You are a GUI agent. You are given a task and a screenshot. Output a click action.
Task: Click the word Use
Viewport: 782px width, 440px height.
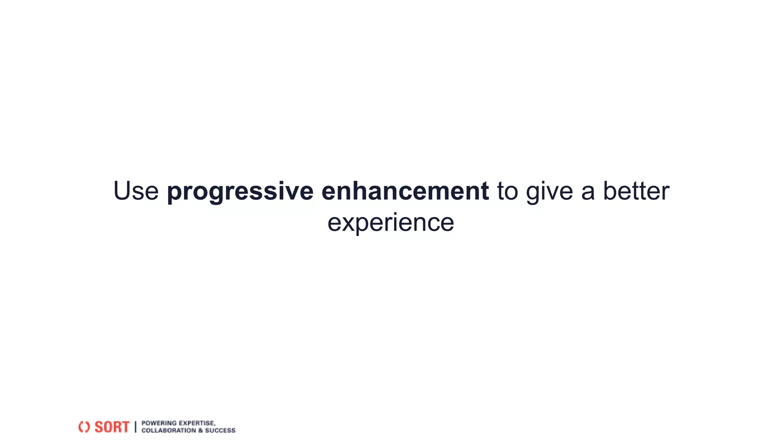tap(136, 191)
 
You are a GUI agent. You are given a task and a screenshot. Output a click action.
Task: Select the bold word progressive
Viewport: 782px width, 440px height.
tap(240, 191)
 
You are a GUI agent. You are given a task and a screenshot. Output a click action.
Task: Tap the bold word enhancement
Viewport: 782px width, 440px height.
tap(405, 191)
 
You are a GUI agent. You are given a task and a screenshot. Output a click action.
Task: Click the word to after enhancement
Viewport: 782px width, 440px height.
tap(507, 191)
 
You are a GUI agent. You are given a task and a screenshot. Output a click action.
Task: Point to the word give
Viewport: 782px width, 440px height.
tap(549, 191)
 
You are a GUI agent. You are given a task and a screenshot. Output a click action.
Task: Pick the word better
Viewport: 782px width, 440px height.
tap(636, 191)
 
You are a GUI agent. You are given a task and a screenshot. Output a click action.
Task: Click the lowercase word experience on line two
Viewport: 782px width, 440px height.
tap(391, 222)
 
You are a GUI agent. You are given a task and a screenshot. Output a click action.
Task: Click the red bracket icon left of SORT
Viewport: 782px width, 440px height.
tap(84, 427)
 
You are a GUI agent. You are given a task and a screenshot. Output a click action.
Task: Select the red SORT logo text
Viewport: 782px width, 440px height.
tap(112, 427)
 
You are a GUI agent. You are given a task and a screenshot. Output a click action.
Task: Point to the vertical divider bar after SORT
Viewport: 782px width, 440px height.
tap(135, 427)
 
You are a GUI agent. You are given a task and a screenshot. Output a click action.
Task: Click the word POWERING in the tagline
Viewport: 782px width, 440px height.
tap(159, 423)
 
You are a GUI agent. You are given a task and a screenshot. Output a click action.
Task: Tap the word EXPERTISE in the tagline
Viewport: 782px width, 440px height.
tap(197, 423)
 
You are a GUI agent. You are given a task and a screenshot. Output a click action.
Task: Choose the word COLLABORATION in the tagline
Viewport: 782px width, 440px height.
tap(168, 430)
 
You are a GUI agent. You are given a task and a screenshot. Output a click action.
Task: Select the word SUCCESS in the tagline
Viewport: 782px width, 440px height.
tap(220, 430)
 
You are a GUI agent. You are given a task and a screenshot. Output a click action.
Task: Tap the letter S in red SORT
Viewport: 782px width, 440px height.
tap(99, 427)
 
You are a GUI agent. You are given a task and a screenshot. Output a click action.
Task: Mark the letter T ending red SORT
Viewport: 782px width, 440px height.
tap(125, 427)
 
